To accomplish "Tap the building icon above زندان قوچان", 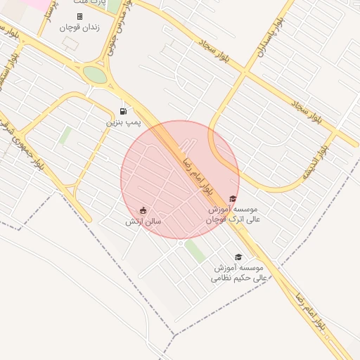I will pos(79,16).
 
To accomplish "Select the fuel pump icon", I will pos(124,111).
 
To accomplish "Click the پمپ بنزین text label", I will pos(124,122).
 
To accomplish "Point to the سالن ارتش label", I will pos(143,221).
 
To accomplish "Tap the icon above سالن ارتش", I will pos(143,210).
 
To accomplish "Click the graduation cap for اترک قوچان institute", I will pos(233,199).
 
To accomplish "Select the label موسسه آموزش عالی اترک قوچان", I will pos(235,214).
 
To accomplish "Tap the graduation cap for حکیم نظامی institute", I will pos(238,257).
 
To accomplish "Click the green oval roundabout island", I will pos(95,74).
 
